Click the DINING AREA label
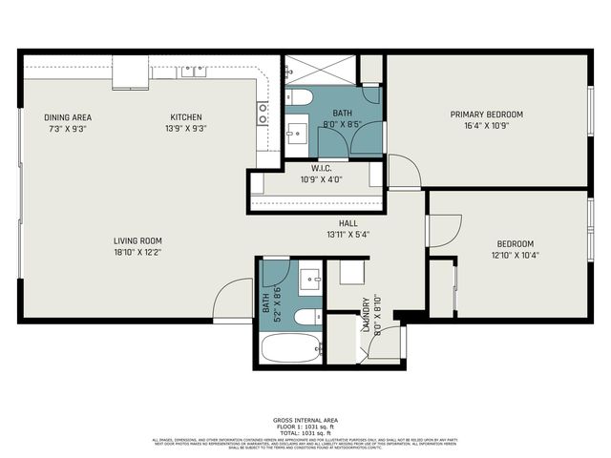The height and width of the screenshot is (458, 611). pyautogui.click(x=68, y=116)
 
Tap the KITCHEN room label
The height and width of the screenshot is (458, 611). pyautogui.click(x=186, y=116)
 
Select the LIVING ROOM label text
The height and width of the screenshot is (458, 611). pyautogui.click(x=137, y=241)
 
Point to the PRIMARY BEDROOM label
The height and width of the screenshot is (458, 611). pyautogui.click(x=486, y=114)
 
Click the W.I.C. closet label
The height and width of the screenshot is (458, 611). pyautogui.click(x=320, y=169)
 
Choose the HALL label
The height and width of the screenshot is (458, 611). pyautogui.click(x=348, y=223)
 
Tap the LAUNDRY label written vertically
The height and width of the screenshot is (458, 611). pyautogui.click(x=365, y=315)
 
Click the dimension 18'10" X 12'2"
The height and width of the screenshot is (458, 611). pyautogui.click(x=137, y=253)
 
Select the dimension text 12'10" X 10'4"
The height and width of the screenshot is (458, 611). pyautogui.click(x=515, y=255)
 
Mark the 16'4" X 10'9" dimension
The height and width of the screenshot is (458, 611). pyautogui.click(x=486, y=126)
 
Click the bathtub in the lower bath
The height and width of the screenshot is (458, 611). pyautogui.click(x=293, y=348)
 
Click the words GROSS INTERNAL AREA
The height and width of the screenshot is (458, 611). pyautogui.click(x=305, y=420)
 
